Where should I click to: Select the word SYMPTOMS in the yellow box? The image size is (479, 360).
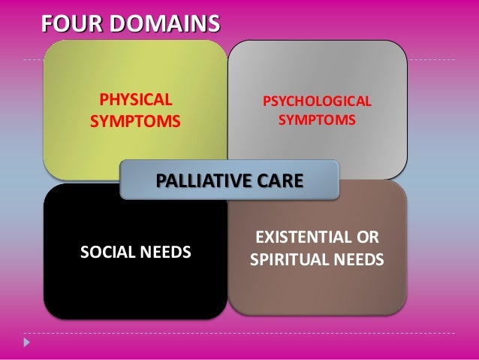click(136, 121)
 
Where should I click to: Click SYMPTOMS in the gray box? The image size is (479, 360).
click(316, 120)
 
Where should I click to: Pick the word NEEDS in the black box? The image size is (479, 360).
click(166, 250)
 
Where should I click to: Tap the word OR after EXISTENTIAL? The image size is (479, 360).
click(367, 239)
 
